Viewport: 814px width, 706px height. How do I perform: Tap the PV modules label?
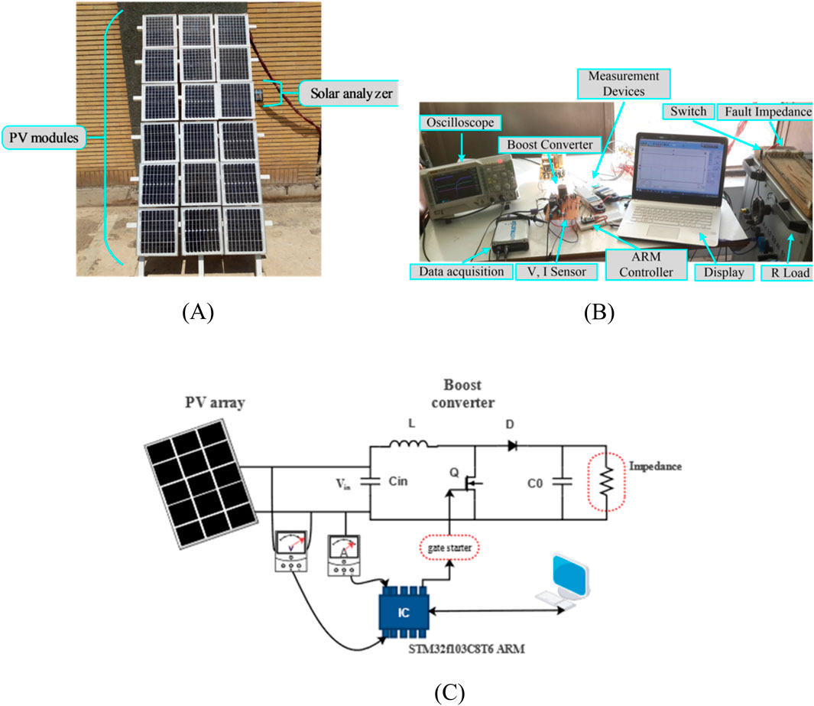click(45, 138)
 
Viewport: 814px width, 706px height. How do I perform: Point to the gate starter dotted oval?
click(448, 550)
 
